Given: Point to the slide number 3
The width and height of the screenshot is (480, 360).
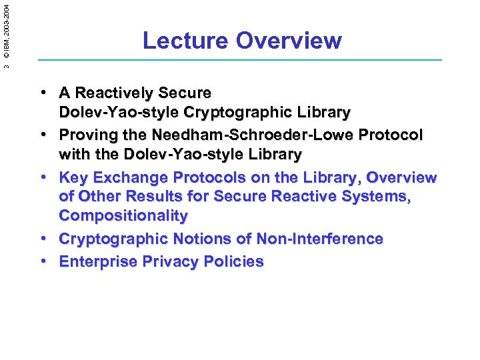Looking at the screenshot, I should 6,65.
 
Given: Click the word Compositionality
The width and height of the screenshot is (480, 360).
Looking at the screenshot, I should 123,215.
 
